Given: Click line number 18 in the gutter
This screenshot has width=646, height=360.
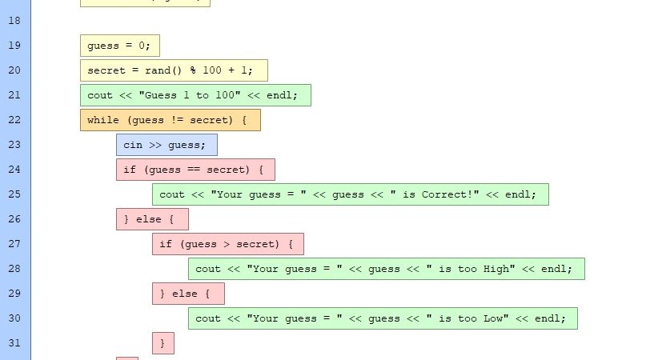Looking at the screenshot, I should tap(14, 21).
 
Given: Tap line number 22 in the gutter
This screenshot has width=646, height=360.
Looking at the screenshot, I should tap(14, 120).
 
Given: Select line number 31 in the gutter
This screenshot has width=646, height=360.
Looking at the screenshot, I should tap(14, 343).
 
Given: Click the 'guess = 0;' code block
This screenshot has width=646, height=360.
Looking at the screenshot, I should tap(120, 46).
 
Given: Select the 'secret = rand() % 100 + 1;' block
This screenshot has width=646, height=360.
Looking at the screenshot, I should tap(174, 70).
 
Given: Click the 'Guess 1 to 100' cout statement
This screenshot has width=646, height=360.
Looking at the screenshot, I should tap(195, 95).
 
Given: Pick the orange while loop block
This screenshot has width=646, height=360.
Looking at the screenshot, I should tap(170, 120).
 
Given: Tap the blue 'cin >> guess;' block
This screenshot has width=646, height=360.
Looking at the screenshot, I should tap(167, 145).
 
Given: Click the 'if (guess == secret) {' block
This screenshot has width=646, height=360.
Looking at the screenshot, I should tap(195, 170).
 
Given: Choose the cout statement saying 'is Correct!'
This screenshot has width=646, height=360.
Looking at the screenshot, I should tap(350, 194).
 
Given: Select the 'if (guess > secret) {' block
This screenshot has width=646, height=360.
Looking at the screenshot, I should tap(227, 244).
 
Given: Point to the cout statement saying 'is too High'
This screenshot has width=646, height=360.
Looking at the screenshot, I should tap(386, 269).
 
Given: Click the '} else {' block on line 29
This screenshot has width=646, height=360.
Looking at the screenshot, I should tap(188, 294).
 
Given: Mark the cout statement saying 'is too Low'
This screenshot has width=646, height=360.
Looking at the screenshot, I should tap(383, 318).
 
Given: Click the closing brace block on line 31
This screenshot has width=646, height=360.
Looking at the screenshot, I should tap(163, 343).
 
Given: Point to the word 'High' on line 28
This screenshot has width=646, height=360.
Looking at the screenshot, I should tap(496, 269).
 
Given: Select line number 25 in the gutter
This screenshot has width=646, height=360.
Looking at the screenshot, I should tap(14, 194).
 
